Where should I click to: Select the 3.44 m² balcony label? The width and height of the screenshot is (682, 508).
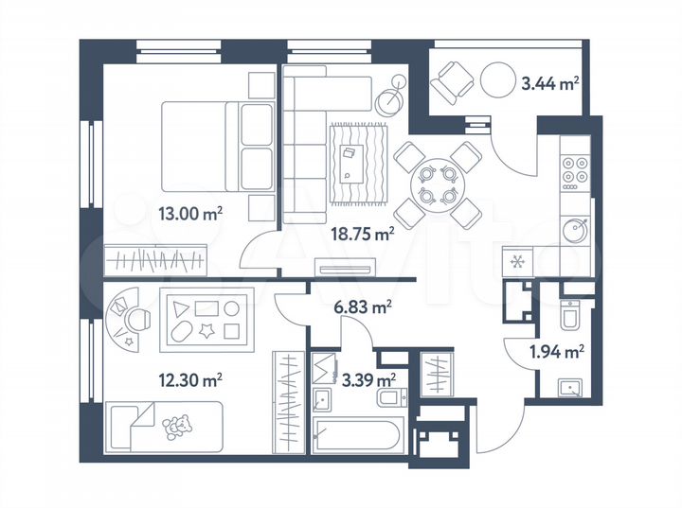pyautogui.click(x=549, y=84)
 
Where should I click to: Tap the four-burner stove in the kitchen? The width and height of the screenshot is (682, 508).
pyautogui.click(x=574, y=167)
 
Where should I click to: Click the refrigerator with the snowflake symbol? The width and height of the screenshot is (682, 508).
pyautogui.click(x=517, y=261)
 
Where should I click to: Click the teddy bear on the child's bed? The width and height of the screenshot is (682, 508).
pyautogui.click(x=176, y=429)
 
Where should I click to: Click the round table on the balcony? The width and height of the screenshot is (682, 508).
pyautogui.click(x=498, y=82)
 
